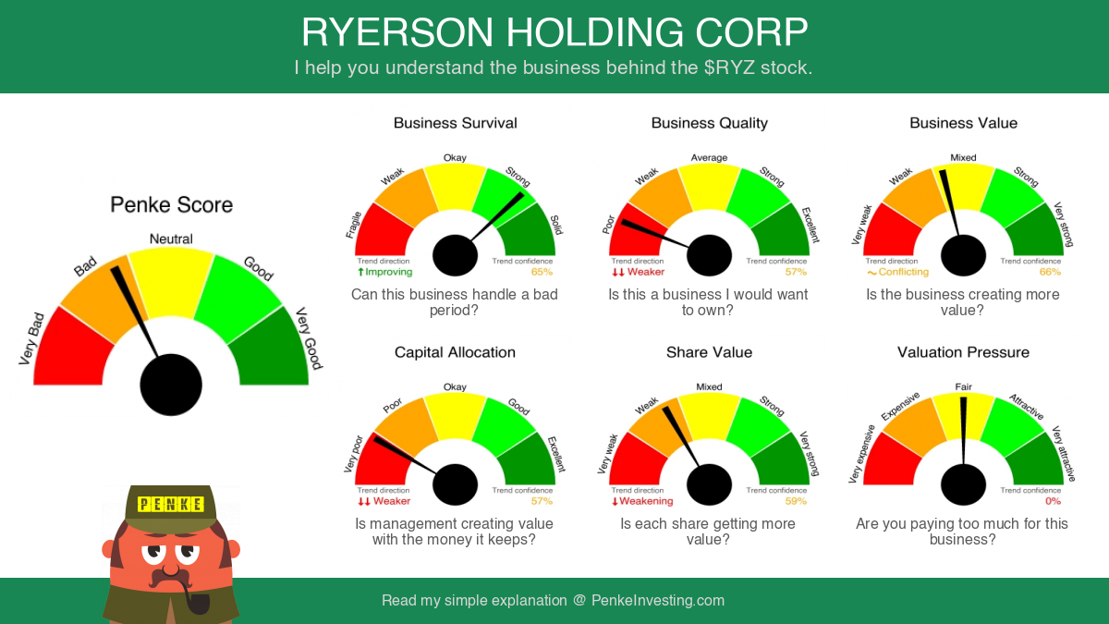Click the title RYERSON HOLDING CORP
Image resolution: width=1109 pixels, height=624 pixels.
tap(554, 32)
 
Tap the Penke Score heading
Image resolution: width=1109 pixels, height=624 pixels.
tap(171, 204)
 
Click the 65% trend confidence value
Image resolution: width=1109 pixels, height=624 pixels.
tap(542, 272)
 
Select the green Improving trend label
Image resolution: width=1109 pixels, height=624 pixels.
tap(384, 272)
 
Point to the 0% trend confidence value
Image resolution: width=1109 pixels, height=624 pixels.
tap(1053, 501)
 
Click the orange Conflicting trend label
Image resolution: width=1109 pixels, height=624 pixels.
tap(897, 272)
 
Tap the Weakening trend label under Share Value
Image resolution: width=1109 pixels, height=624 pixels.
tap(642, 501)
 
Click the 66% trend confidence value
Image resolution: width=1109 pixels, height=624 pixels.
tap(1050, 272)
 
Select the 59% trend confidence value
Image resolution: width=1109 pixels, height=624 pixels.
tap(796, 501)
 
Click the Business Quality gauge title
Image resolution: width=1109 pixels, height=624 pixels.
tap(710, 123)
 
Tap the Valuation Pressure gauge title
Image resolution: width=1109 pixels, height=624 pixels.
tap(963, 352)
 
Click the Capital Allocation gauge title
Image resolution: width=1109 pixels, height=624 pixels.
tap(455, 352)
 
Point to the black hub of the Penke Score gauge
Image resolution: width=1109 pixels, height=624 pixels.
tap(171, 385)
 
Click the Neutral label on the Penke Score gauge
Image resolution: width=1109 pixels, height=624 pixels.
tap(171, 239)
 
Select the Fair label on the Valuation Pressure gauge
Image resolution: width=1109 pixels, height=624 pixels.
tap(963, 386)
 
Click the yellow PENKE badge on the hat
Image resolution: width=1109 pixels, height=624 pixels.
tap(170, 504)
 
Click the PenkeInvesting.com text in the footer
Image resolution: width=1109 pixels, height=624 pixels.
tap(658, 600)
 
